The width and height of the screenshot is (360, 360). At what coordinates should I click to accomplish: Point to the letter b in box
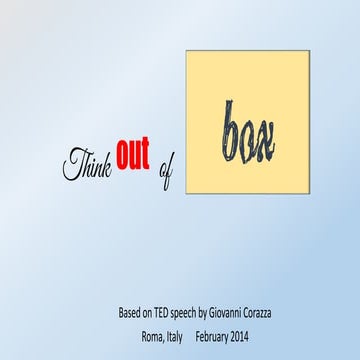(x=230, y=127)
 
